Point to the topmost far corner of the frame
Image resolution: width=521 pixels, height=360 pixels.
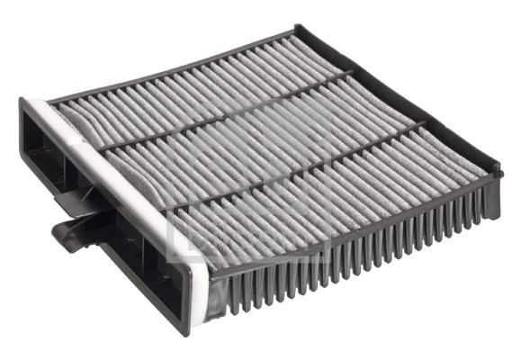click(x=301, y=30)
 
